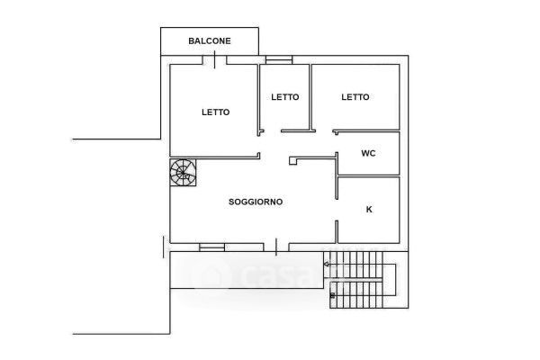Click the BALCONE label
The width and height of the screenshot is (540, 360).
click(x=210, y=41)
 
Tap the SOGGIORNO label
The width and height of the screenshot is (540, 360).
click(x=256, y=202)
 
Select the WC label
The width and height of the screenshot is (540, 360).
click(x=368, y=153)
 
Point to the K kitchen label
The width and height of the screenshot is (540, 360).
click(x=369, y=210)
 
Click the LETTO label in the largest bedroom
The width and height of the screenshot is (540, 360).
click(x=216, y=112)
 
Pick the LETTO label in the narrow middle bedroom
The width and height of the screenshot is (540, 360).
click(x=284, y=97)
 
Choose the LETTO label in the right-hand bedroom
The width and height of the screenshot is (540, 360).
click(x=355, y=97)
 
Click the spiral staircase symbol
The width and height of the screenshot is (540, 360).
click(x=183, y=172)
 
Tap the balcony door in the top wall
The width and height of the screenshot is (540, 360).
click(x=214, y=60)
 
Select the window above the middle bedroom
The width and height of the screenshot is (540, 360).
click(x=279, y=60)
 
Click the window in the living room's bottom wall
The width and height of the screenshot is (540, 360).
click(x=211, y=247)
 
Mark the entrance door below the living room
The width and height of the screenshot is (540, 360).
click(x=276, y=247)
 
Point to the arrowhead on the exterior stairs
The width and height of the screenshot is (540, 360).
click(x=326, y=265)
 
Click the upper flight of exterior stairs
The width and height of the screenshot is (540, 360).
click(x=353, y=265)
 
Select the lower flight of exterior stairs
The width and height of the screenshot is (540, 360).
click(x=356, y=295)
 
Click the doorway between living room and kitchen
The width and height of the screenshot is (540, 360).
click(x=337, y=210)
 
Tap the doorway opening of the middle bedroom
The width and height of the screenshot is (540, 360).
click(x=272, y=131)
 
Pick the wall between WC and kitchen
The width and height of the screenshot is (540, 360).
click(x=369, y=176)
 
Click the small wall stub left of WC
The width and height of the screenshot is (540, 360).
click(x=293, y=161)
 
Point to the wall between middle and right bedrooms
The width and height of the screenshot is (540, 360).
click(x=310, y=97)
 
